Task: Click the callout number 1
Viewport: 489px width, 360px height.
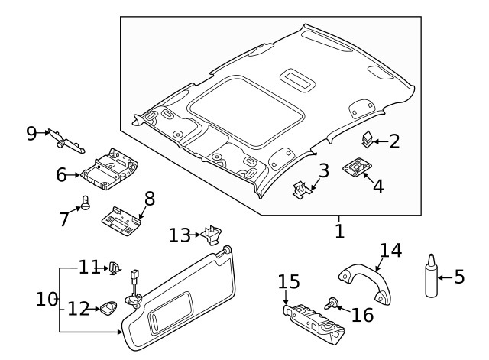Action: click(340, 229)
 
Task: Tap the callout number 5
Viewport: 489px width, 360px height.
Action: click(459, 276)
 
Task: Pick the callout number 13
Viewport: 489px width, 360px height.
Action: click(180, 235)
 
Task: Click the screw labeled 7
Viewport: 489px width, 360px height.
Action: click(86, 203)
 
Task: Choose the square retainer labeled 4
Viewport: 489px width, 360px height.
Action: click(355, 167)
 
